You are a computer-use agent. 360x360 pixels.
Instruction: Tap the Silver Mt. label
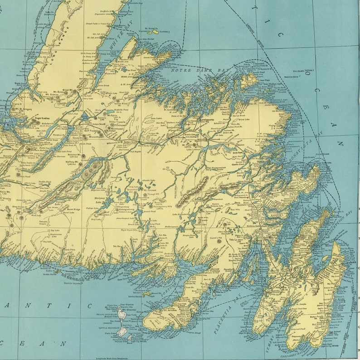point(68,91)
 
